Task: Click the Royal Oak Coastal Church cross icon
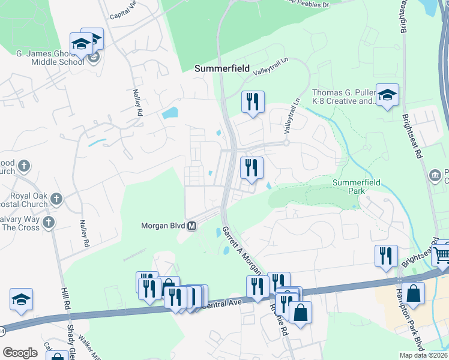[x=56, y=198]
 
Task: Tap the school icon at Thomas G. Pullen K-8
[x=387, y=95]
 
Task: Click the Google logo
[x=20, y=353]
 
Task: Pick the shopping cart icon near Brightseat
[x=442, y=255]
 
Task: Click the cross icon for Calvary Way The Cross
[x=49, y=223]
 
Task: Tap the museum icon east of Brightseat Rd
[x=436, y=175]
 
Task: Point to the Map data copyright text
[x=423, y=355]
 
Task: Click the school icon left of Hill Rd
[x=22, y=299]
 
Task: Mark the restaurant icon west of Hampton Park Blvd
[x=386, y=256]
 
